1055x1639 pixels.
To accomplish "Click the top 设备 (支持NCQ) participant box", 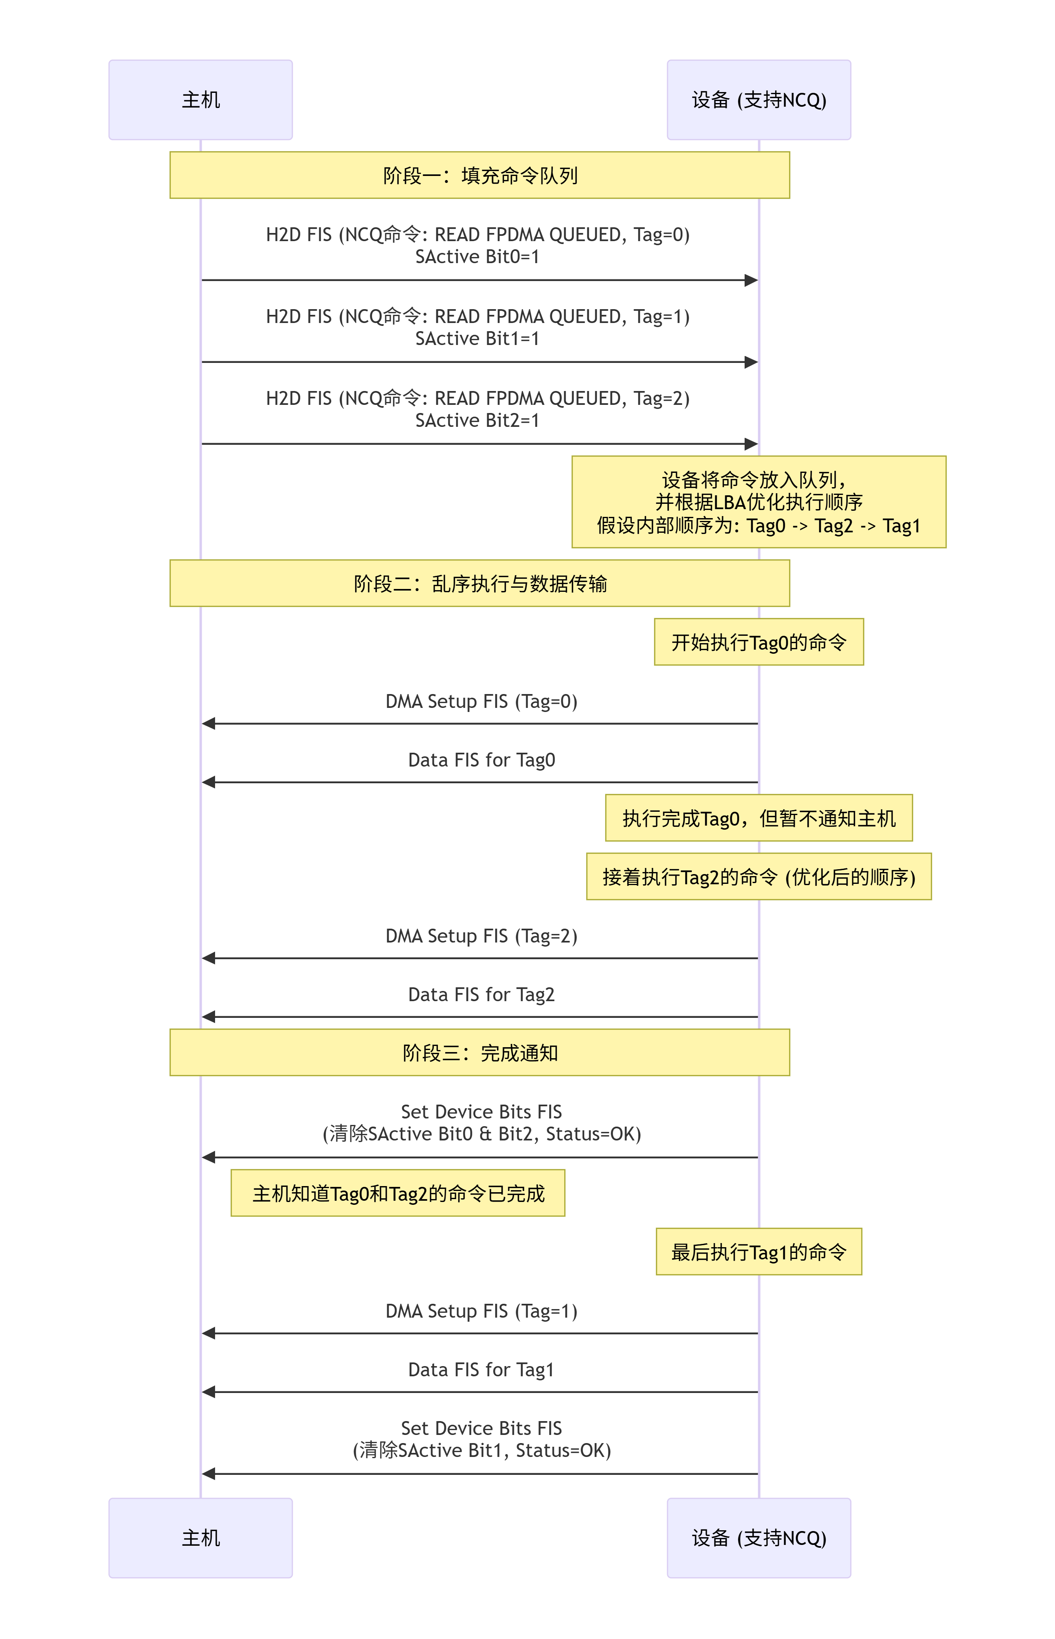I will (758, 100).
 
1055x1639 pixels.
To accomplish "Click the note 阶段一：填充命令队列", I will (479, 175).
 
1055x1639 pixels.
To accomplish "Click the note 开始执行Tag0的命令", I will (758, 642).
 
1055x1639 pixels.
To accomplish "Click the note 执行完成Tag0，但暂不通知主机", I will (758, 818).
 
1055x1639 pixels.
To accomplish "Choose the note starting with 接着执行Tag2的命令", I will (758, 877).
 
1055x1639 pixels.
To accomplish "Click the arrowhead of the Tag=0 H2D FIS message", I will (752, 280).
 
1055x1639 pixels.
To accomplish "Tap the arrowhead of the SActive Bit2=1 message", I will (752, 444).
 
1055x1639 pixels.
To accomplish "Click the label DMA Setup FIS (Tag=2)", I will (481, 936).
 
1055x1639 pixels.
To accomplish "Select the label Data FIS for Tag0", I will (481, 760).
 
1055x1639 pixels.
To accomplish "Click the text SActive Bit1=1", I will (477, 338).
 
